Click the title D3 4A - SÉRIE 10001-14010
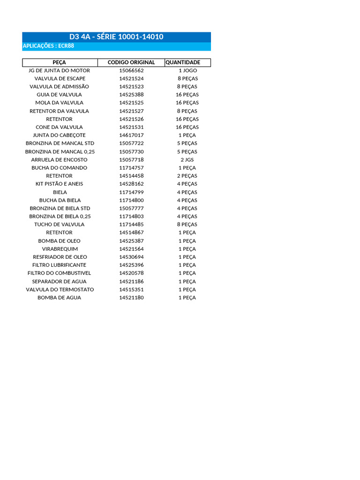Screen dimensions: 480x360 pos(116,37)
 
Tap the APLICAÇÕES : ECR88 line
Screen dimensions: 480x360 pos(49,46)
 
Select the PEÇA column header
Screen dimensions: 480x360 pos(60,62)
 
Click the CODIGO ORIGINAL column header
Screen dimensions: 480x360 pos(131,62)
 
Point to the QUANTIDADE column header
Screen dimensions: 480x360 pos(183,62)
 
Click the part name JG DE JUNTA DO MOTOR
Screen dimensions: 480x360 pos(60,70)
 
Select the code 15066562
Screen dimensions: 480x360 pos(131,70)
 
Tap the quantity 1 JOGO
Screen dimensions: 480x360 pos(187,70)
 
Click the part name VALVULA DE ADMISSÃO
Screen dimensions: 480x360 pos(60,87)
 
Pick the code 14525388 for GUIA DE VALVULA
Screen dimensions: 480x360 pos(131,95)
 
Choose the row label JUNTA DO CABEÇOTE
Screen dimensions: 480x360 pos(60,135)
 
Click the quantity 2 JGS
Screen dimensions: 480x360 pos(187,159)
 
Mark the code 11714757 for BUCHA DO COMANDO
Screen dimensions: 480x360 pos(131,168)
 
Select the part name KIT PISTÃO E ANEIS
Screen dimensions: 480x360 pos(60,184)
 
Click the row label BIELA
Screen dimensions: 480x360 pos(60,192)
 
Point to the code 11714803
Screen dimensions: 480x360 pos(131,217)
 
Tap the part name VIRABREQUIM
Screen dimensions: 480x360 pos(60,249)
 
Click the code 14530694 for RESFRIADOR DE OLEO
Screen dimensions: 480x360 pos(131,257)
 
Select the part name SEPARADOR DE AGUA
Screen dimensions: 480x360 pos(60,281)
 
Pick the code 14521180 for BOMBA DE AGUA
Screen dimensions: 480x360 pos(131,298)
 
